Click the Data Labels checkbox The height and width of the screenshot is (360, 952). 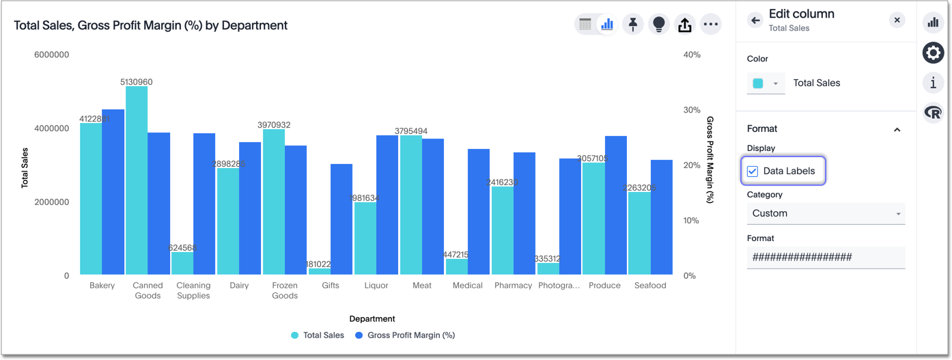753,171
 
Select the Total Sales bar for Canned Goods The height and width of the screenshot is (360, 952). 137,181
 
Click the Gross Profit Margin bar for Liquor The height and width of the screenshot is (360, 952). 387,205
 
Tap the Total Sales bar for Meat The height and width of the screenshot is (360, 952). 411,205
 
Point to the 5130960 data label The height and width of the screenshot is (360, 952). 137,82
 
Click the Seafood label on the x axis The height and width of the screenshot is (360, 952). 650,286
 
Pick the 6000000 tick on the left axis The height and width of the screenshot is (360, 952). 51,55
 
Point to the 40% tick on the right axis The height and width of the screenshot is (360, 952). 692,55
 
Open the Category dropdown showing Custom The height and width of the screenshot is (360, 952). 826,214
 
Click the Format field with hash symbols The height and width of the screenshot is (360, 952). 826,258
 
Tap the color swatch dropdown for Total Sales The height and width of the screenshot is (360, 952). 766,83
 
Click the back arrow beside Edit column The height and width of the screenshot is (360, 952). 755,20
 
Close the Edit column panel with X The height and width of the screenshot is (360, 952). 897,20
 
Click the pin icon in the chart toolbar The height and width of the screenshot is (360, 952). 633,25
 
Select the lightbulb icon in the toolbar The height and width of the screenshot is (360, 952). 659,25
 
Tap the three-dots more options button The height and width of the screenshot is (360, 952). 711,25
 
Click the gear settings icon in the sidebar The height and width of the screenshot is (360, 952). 933,53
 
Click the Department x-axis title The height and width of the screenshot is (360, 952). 372,319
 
